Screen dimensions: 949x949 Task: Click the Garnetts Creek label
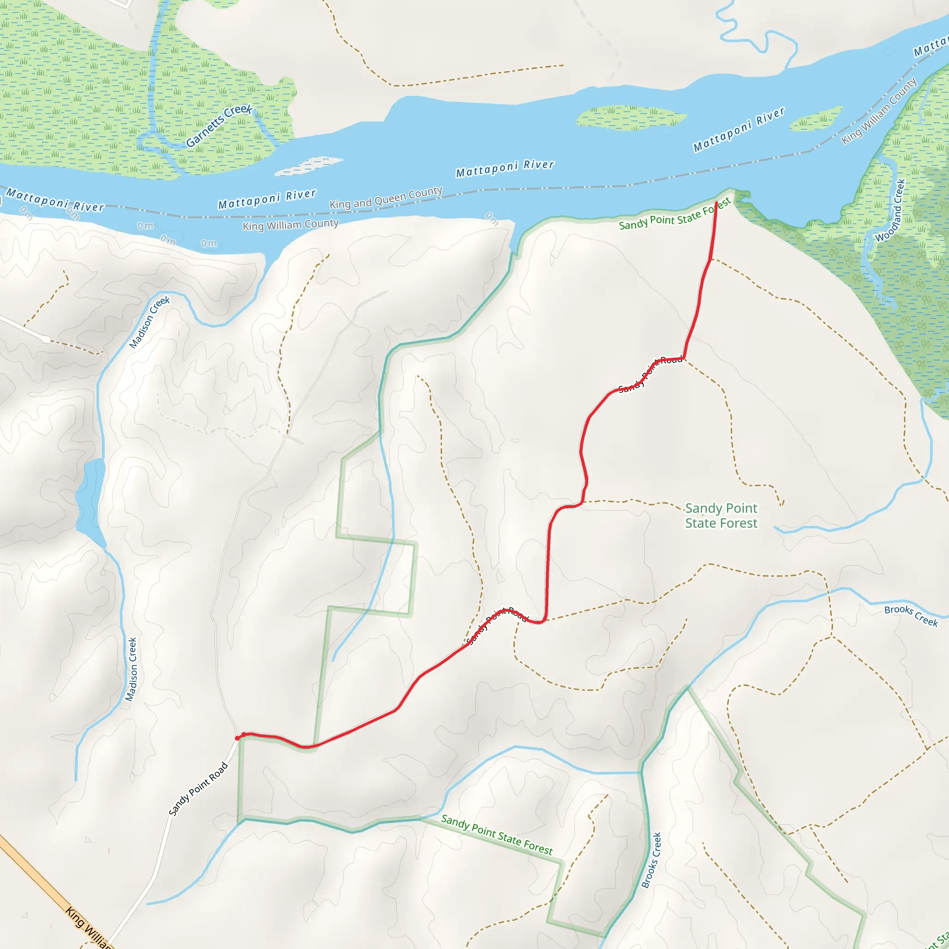click(219, 126)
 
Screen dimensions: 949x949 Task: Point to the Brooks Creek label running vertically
click(652, 860)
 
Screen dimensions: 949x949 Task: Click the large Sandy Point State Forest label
click(721, 515)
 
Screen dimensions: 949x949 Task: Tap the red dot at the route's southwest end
click(238, 738)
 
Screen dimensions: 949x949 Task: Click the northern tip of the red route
click(717, 203)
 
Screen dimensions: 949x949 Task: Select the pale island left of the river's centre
click(309, 165)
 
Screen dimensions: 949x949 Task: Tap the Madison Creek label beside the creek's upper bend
click(149, 322)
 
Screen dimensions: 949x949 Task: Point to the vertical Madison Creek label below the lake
click(131, 669)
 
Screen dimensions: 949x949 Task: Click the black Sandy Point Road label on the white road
click(198, 789)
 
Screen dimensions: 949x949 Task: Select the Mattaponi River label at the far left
click(55, 200)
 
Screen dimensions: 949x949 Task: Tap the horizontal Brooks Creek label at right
click(911, 615)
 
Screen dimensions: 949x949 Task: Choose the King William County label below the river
click(291, 225)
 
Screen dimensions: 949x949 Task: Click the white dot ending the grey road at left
click(46, 339)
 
